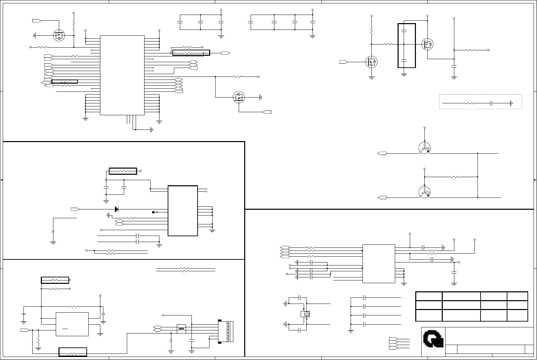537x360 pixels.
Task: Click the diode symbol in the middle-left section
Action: click(116, 209)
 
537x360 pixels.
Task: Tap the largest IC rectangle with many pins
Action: click(122, 75)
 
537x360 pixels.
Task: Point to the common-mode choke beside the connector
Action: click(181, 329)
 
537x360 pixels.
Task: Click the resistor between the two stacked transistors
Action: click(455, 177)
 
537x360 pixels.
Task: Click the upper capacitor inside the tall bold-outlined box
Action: click(404, 31)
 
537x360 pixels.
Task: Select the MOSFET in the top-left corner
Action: click(59, 35)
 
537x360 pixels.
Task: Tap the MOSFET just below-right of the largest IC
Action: click(239, 97)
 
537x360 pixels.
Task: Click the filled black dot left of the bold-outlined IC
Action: click(153, 212)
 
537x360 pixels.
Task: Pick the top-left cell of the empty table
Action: click(429, 296)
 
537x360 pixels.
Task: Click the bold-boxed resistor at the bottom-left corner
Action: click(73, 352)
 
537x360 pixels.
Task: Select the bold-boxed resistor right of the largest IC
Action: click(191, 53)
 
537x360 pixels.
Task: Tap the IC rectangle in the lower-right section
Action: click(379, 263)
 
